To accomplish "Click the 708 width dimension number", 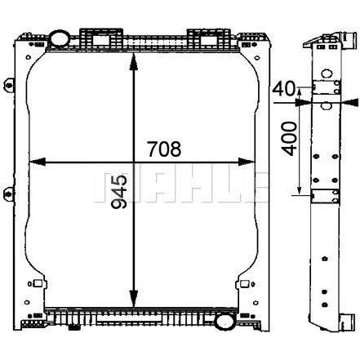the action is point(164,149).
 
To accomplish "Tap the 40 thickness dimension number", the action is point(284,89).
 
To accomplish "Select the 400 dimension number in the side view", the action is point(289,139).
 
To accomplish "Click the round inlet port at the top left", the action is point(59,38).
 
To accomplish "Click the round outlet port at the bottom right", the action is point(224,322).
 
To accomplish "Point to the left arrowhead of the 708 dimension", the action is point(37,162).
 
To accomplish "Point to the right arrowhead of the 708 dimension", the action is point(247,162).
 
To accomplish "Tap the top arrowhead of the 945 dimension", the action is point(133,62).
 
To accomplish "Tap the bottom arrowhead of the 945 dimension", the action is point(133,299).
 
